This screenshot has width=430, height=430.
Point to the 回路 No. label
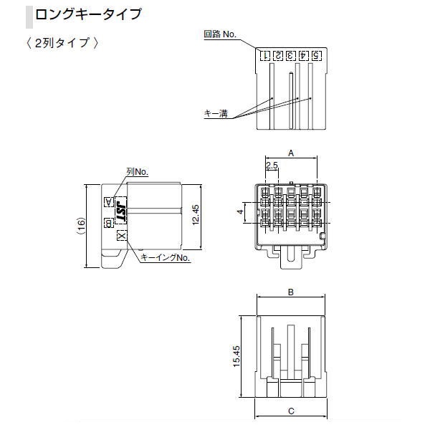(x=220, y=34)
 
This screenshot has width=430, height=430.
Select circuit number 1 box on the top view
(x=264, y=55)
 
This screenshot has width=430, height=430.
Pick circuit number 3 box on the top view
(x=290, y=55)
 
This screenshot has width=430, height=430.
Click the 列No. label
(x=136, y=172)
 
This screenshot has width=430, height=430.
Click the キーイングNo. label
(x=165, y=257)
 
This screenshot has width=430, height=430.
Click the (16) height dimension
(x=81, y=226)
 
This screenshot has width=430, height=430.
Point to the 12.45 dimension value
(x=196, y=212)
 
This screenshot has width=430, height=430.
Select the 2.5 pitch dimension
(x=272, y=166)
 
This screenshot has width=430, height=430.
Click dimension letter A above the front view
(x=291, y=153)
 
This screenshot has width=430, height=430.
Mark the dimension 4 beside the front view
(x=239, y=213)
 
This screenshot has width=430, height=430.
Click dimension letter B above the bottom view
(x=291, y=292)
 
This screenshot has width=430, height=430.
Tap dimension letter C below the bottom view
(x=291, y=411)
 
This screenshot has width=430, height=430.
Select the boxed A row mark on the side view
(x=108, y=202)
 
